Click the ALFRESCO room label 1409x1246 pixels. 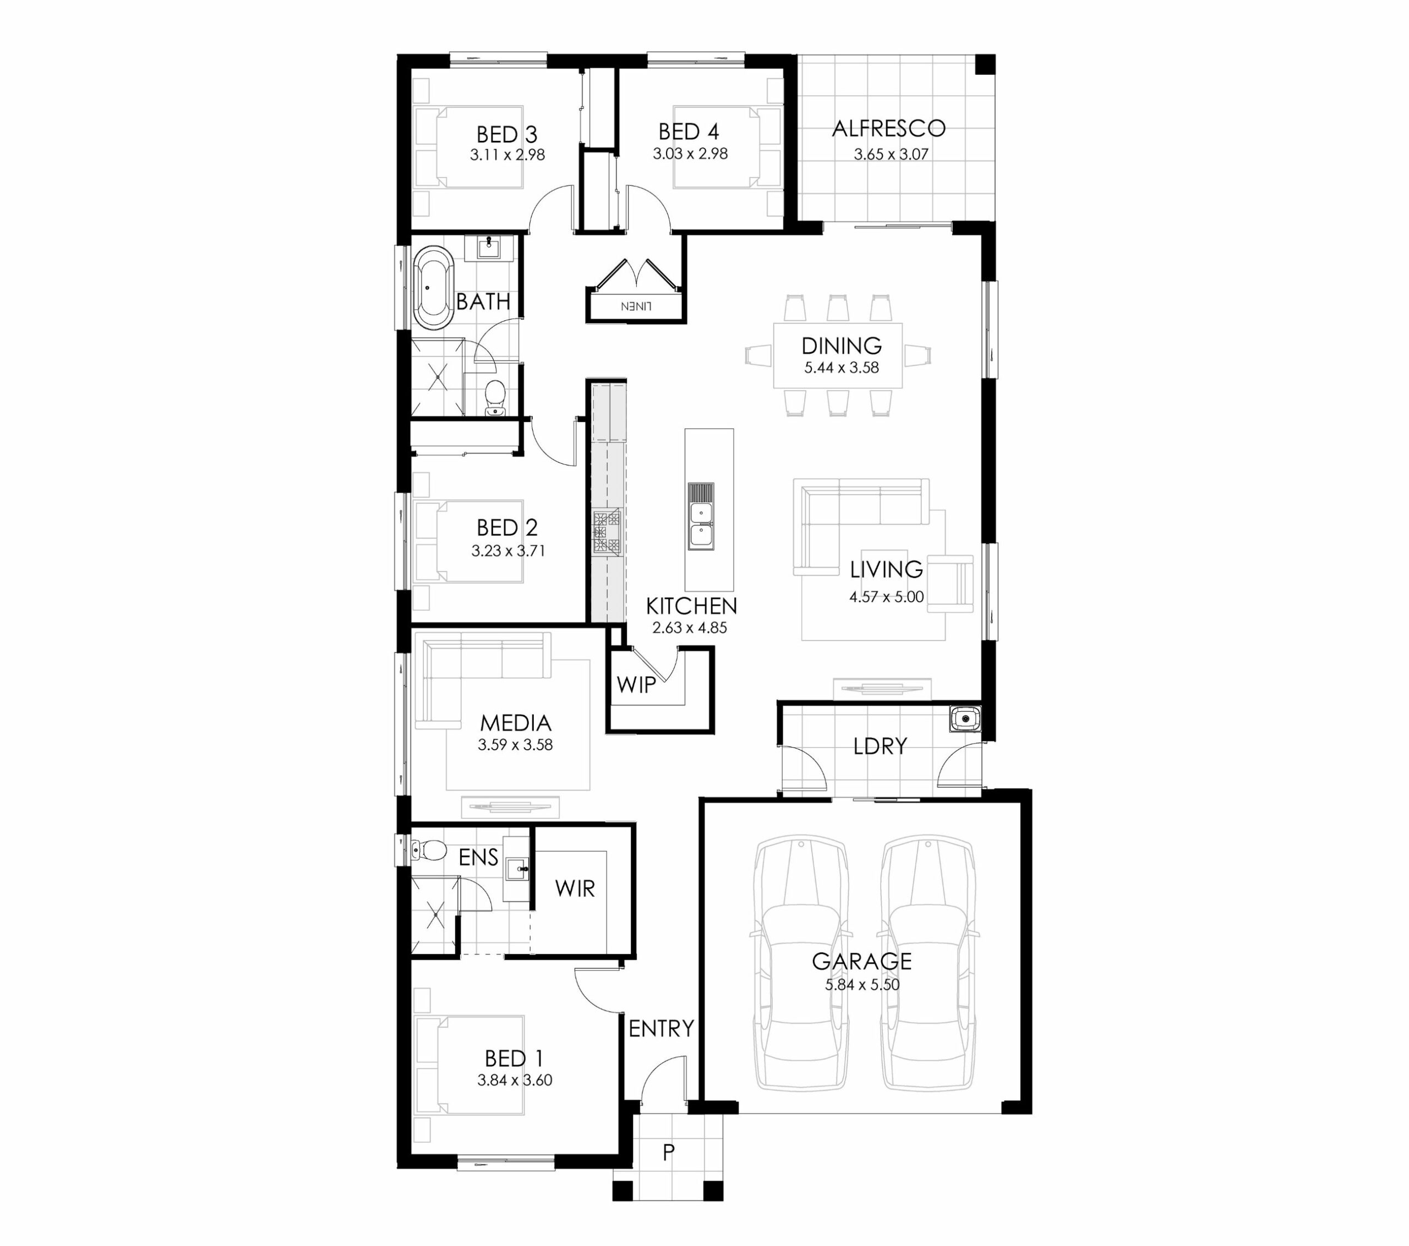coord(888,128)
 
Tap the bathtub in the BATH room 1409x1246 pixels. coord(433,287)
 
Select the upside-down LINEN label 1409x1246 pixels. coord(636,306)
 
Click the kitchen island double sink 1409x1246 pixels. coord(700,516)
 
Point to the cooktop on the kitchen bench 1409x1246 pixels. coord(607,531)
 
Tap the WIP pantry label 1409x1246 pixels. coord(636,685)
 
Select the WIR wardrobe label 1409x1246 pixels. coord(575,888)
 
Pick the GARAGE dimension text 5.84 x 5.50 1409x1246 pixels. coord(862,985)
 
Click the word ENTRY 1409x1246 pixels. coord(661,1028)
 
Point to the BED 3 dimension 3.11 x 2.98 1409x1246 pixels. coord(507,155)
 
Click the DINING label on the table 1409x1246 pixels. coord(841,345)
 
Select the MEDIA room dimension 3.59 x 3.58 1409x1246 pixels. coord(515,745)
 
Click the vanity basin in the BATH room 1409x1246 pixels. coord(489,246)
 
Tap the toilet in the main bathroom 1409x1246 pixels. coord(495,398)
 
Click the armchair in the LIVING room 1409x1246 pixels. coord(951,583)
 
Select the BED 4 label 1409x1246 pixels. coord(688,131)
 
